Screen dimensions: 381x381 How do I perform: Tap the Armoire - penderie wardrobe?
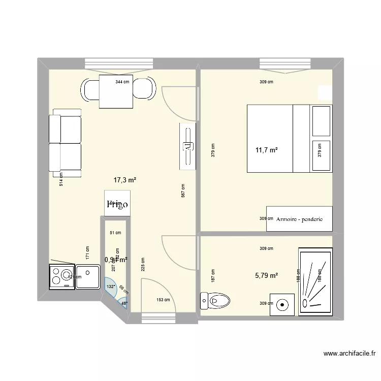[300, 219]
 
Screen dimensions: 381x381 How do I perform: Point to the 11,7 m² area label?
[267, 150]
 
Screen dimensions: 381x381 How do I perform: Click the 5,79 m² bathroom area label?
[267, 276]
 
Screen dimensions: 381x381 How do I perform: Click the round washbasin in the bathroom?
[281, 304]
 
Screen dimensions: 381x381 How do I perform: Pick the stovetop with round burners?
[61, 276]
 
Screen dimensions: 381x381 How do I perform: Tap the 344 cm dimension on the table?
[122, 82]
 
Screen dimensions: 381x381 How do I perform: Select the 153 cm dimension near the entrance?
[163, 300]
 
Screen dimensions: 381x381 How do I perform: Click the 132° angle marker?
[110, 287]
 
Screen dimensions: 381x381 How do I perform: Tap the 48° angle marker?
[124, 304]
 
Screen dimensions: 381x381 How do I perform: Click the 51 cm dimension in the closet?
[116, 233]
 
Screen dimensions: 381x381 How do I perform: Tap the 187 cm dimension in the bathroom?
[213, 276]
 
